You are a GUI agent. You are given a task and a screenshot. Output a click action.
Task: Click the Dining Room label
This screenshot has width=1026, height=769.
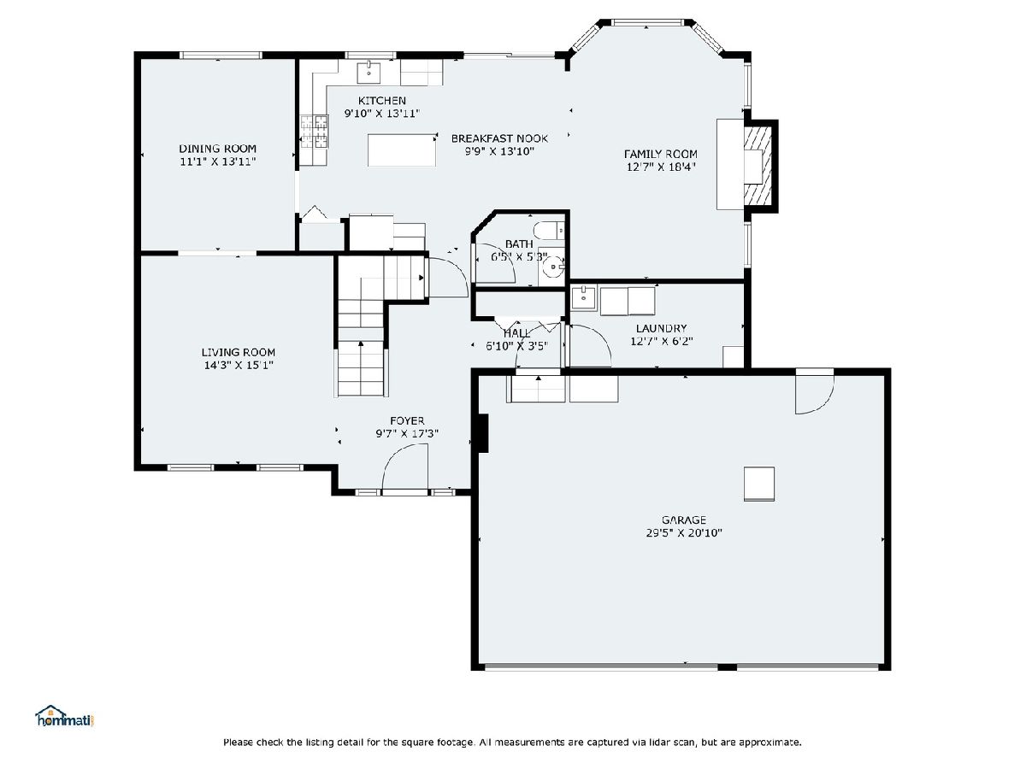(x=217, y=149)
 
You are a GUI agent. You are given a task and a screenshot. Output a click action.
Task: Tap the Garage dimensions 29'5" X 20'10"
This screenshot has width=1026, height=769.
(x=684, y=532)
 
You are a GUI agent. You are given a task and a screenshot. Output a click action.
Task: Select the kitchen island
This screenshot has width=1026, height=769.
(x=402, y=150)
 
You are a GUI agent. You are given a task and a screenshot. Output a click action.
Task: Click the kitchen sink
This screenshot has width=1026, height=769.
(x=369, y=73)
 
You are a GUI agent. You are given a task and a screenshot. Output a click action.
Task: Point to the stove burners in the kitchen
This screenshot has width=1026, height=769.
(x=314, y=132)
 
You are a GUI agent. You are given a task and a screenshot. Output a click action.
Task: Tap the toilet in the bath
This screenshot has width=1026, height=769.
(x=550, y=231)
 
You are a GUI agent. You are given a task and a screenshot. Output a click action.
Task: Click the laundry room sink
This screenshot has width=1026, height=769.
(x=583, y=299)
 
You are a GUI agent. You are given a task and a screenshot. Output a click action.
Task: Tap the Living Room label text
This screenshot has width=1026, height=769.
(x=239, y=352)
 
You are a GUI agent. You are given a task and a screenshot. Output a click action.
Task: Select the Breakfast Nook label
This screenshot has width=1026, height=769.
(x=499, y=138)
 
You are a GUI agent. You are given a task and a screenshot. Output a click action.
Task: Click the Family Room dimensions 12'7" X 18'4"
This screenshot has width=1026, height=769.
(x=662, y=167)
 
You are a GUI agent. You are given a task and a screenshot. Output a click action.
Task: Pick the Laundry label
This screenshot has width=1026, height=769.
(x=662, y=328)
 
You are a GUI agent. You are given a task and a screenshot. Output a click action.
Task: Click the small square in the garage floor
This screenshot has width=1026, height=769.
(x=759, y=484)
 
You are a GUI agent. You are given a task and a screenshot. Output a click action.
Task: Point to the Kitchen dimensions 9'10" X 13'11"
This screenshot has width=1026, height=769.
(x=382, y=113)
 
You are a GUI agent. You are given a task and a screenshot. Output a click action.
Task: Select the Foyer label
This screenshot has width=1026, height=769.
(x=407, y=420)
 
